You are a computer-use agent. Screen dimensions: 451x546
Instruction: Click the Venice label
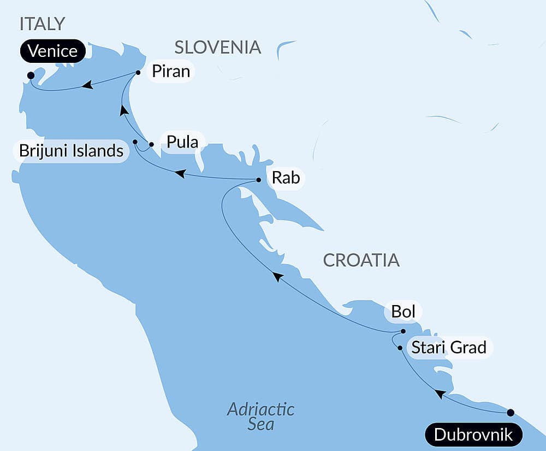pyautogui.click(x=52, y=51)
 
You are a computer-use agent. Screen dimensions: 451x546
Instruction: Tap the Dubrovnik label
pyautogui.click(x=473, y=435)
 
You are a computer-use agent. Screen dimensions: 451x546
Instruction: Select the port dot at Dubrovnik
pyautogui.click(x=511, y=412)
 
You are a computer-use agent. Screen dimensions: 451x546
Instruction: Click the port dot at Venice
pyautogui.click(x=31, y=75)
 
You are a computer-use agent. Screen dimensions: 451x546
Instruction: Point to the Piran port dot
pyautogui.click(x=138, y=72)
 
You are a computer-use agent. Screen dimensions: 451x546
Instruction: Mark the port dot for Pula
pyautogui.click(x=151, y=145)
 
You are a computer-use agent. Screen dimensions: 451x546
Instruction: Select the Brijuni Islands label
pyautogui.click(x=71, y=151)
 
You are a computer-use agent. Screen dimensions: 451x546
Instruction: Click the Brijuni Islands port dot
pyautogui.click(x=135, y=142)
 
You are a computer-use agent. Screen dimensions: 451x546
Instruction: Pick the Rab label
pyautogui.click(x=286, y=178)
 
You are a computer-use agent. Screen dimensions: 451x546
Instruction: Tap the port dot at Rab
pyautogui.click(x=259, y=179)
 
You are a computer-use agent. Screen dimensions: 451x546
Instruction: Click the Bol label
pyautogui.click(x=403, y=312)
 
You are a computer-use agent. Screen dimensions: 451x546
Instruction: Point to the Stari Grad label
pyautogui.click(x=448, y=347)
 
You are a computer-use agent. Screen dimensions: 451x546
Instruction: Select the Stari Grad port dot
pyautogui.click(x=400, y=348)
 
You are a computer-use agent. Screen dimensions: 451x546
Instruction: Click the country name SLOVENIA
pyautogui.click(x=217, y=48)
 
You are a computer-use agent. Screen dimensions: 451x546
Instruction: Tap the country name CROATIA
pyautogui.click(x=361, y=260)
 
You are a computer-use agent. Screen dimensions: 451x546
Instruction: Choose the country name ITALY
pyautogui.click(x=42, y=24)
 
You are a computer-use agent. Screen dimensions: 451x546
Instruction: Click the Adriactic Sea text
pyautogui.click(x=260, y=416)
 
